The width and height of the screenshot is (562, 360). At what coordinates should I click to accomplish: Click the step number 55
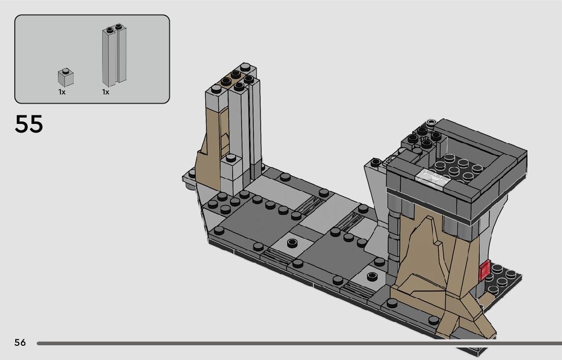point(28,124)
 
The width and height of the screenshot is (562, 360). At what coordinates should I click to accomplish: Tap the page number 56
point(20,342)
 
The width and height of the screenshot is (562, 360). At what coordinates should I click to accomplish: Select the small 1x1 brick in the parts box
point(66,77)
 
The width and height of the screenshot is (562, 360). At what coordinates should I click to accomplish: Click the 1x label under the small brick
point(62,92)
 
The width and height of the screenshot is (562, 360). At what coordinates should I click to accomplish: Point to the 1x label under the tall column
point(105,92)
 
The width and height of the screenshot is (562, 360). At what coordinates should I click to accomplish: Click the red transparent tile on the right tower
point(485,271)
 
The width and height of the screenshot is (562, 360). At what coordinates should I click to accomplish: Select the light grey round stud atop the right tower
point(431,123)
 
